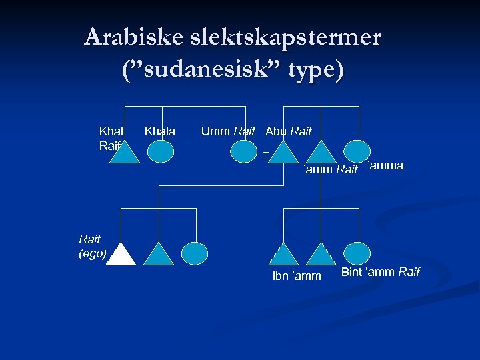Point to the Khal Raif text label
111,138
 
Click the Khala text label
160,131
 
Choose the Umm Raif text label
228,131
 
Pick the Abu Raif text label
288,131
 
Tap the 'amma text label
385,165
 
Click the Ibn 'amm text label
297,276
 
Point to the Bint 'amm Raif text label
380,271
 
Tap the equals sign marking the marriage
265,154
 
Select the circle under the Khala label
160,151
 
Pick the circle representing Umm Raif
243,151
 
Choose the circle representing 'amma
357,151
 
